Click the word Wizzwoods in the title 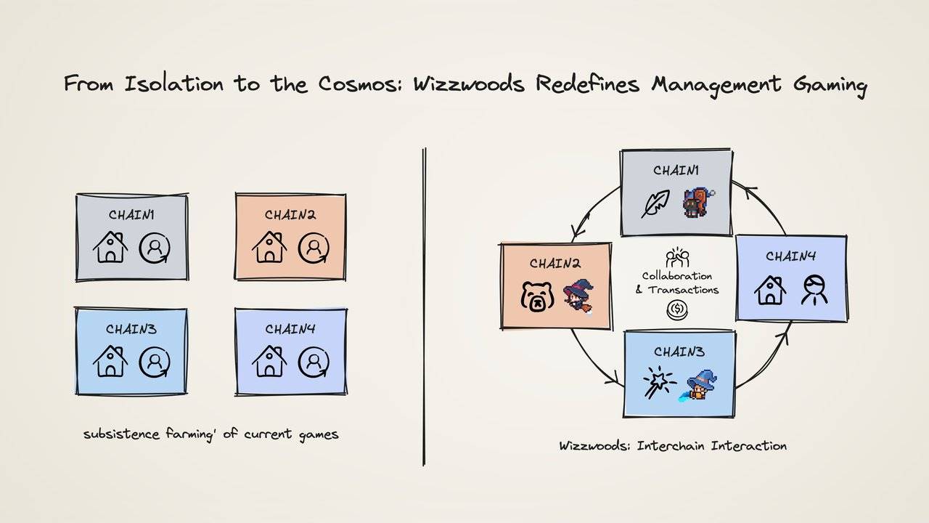(470, 84)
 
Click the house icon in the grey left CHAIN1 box (110, 247)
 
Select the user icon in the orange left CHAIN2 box (314, 247)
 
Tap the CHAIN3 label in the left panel (131, 329)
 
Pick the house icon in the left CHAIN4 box (269, 361)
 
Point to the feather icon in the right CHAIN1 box (655, 204)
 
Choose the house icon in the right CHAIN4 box (770, 290)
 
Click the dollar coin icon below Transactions (676, 310)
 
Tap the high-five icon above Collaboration (676, 256)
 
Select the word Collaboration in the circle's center (676, 276)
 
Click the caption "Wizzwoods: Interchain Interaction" (672, 445)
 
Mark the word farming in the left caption (181, 434)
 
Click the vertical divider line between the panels (424, 305)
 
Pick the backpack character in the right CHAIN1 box (695, 203)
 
